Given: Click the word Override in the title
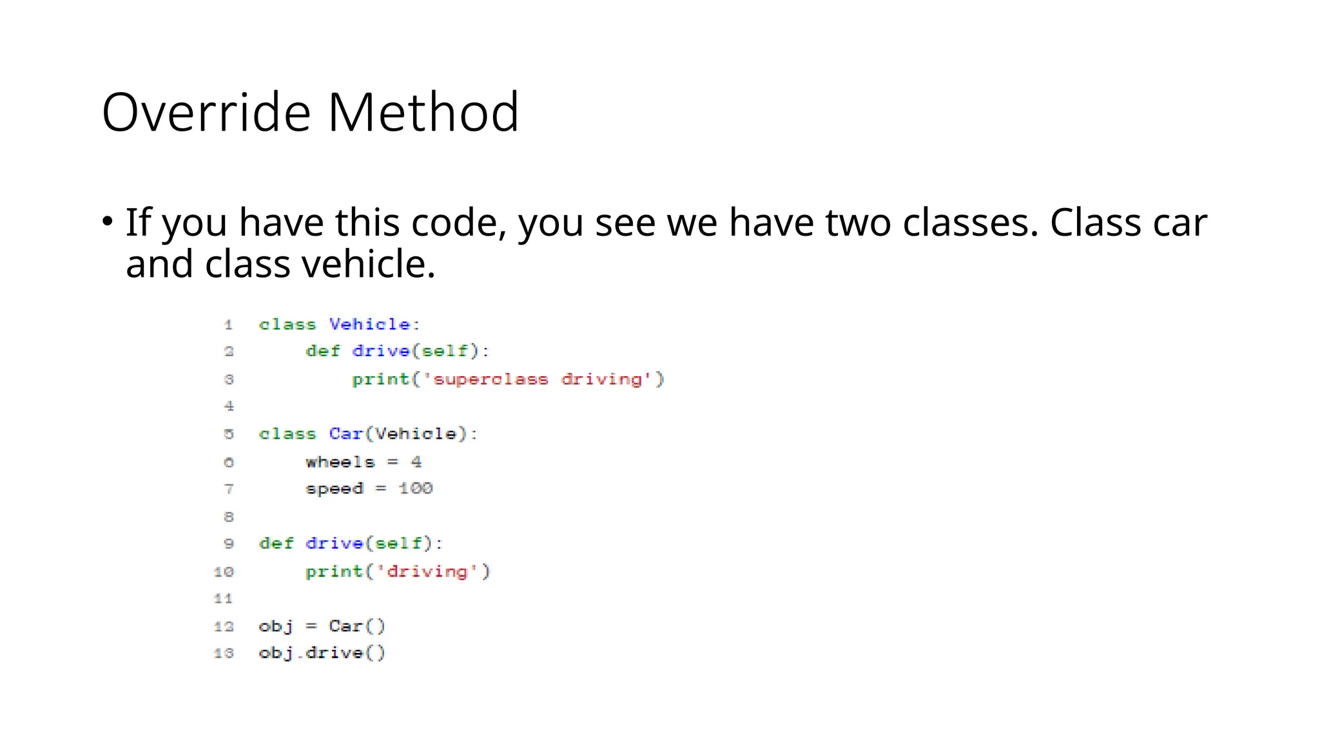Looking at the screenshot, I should click(x=206, y=113).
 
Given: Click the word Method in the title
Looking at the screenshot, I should click(x=423, y=113).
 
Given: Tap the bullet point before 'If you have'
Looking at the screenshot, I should click(x=108, y=222).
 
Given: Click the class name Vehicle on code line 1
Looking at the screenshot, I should click(x=370, y=324).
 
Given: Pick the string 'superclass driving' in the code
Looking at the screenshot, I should click(x=538, y=379).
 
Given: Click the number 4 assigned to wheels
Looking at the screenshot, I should click(x=416, y=462).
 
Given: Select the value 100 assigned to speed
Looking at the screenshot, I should click(x=416, y=488).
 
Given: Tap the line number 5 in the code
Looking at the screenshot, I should click(x=229, y=434).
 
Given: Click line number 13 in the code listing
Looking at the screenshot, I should click(x=224, y=653).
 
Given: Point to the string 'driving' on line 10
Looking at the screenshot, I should click(x=427, y=571).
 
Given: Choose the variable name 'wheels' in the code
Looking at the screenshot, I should click(x=340, y=462).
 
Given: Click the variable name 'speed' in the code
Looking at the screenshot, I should click(x=335, y=489).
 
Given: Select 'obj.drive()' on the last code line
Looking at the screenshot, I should click(x=322, y=653).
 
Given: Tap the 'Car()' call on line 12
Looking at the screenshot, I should click(x=356, y=626).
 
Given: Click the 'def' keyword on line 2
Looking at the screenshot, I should click(x=322, y=351).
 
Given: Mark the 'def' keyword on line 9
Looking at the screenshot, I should click(x=276, y=544).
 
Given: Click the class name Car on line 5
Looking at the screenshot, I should click(x=346, y=434).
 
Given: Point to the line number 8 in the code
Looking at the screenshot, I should click(x=229, y=517).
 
